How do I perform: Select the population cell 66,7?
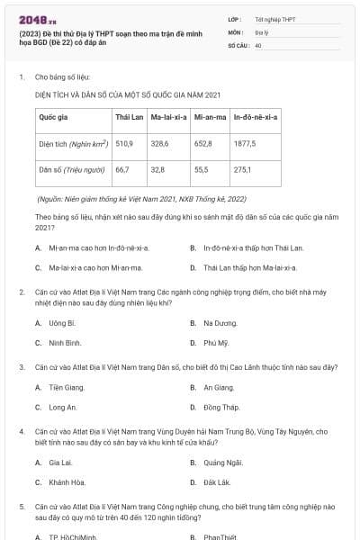[122, 169]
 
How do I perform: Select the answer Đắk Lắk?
[218, 482]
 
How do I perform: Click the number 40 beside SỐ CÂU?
[258, 44]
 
